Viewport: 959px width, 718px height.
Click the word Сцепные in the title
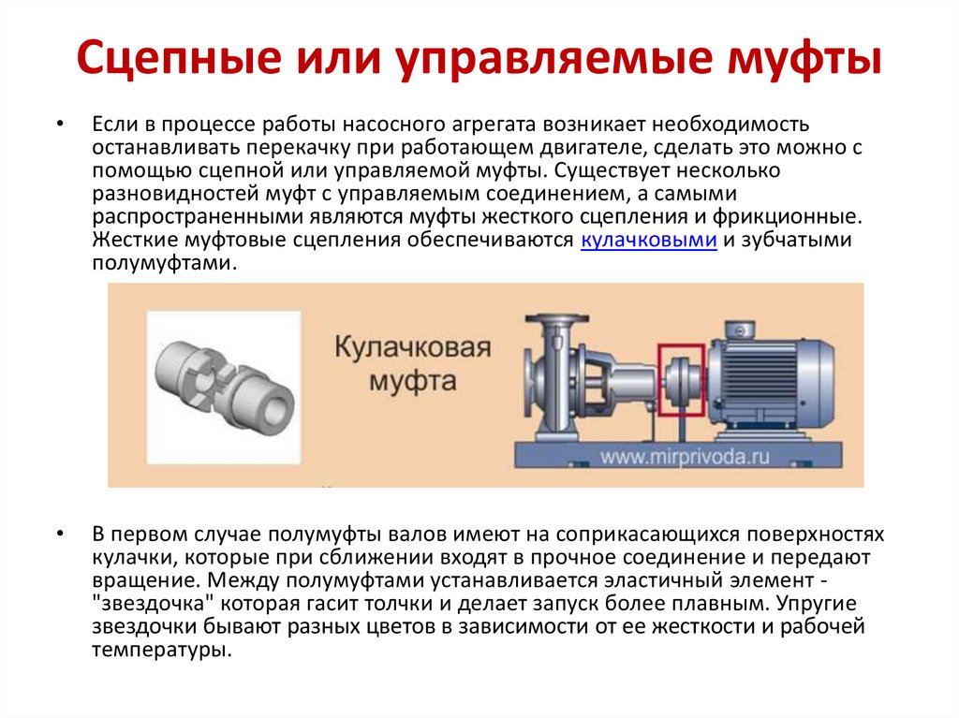(x=179, y=57)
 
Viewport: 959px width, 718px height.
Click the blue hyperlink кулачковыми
(x=648, y=240)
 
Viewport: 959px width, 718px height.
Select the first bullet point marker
(x=59, y=125)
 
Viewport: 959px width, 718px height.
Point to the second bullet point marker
(x=59, y=534)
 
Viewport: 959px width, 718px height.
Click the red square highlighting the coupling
(x=659, y=380)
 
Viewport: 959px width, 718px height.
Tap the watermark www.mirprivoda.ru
(x=685, y=457)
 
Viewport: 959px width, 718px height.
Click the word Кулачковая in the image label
(x=413, y=347)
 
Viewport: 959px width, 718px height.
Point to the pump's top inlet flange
(x=556, y=319)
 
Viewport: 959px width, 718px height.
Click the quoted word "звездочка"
(x=153, y=604)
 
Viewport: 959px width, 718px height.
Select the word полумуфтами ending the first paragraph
(x=163, y=263)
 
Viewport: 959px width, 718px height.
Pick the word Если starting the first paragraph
(x=115, y=125)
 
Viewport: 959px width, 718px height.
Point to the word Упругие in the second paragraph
(x=817, y=604)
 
